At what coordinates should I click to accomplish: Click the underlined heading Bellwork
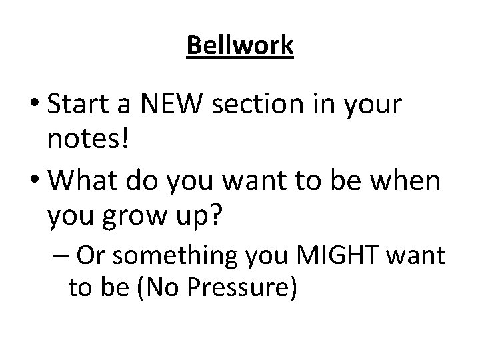click(x=240, y=46)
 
